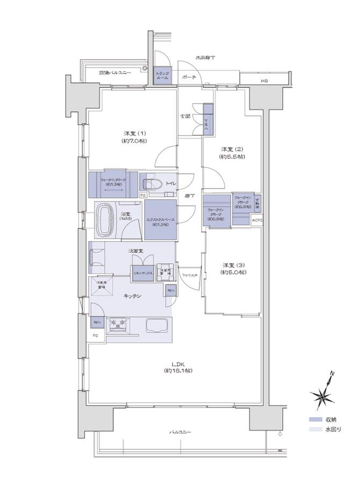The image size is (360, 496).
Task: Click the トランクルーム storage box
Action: click(x=162, y=75)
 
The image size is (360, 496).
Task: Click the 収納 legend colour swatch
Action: click(x=315, y=420)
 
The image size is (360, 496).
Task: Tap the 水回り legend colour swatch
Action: click(x=315, y=429)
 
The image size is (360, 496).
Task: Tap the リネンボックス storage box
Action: click(x=143, y=273)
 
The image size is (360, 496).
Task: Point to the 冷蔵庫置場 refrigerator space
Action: click(x=100, y=285)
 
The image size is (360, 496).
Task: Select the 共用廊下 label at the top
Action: click(x=205, y=57)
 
